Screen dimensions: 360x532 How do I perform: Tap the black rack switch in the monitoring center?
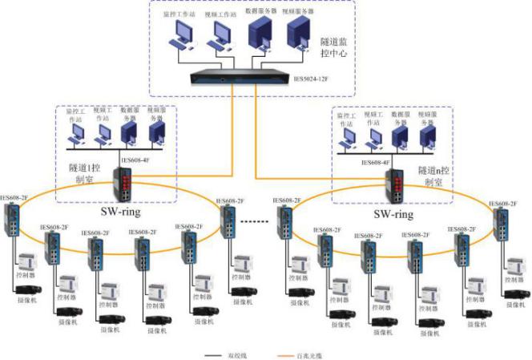point(240,78)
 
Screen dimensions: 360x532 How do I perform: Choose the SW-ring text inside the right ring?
point(394,215)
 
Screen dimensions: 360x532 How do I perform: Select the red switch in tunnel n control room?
point(398,187)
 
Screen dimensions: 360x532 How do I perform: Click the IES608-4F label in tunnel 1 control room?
point(131,160)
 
